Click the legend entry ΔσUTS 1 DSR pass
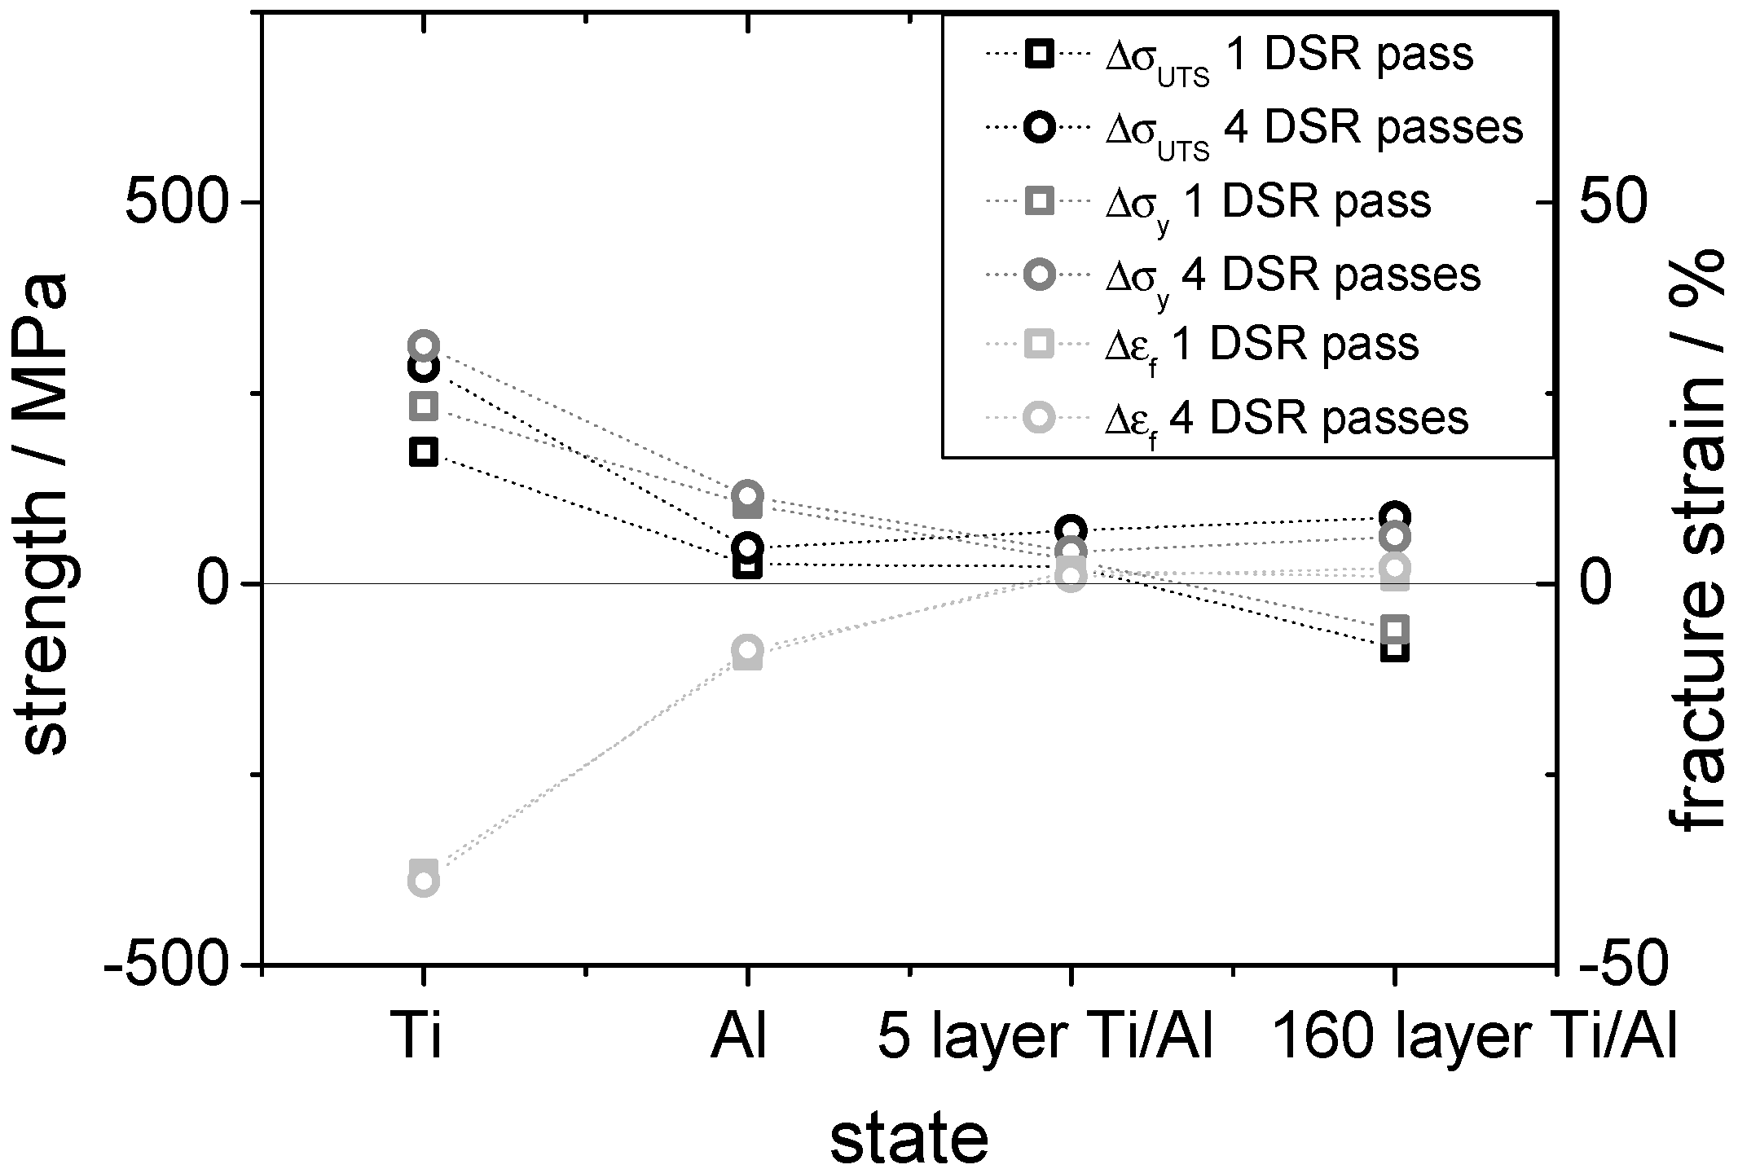click(1287, 55)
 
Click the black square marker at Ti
click(423, 451)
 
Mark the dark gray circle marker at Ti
click(423, 346)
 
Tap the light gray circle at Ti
click(423, 882)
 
